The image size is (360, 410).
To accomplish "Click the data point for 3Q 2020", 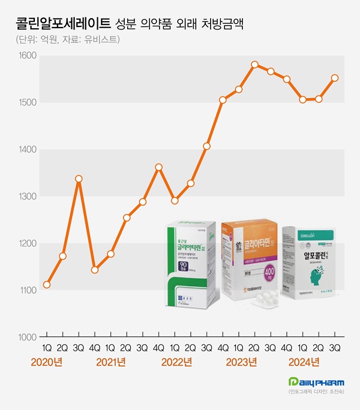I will pyautogui.click(x=79, y=179).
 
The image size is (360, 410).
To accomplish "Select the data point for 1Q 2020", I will pyautogui.click(x=47, y=284).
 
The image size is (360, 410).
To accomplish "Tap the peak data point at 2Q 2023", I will pyautogui.click(x=254, y=64).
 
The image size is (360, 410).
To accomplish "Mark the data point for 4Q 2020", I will pyautogui.click(x=94, y=270).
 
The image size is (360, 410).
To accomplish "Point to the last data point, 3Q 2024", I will pyautogui.click(x=335, y=78).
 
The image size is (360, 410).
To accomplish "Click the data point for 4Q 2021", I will pyautogui.click(x=158, y=167).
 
